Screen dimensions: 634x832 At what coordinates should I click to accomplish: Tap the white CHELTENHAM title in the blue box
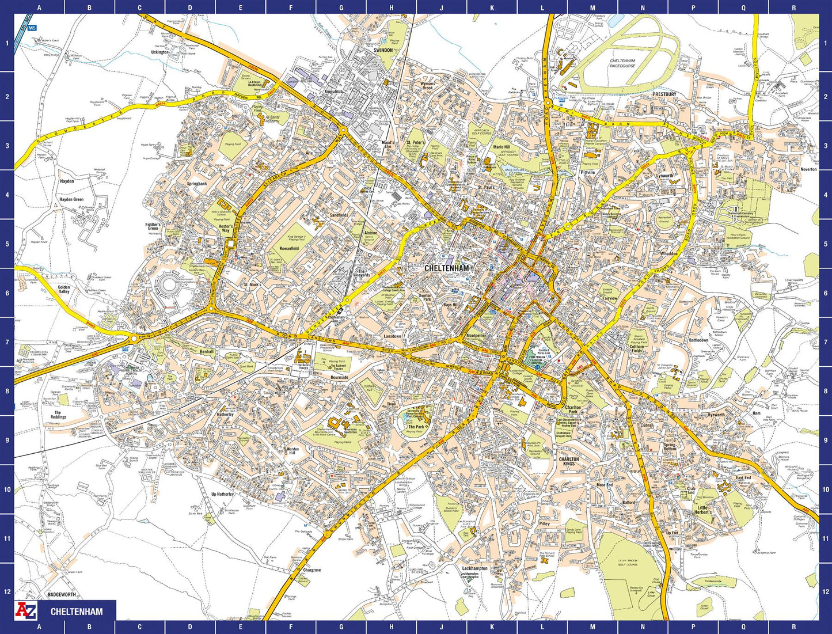coord(77,612)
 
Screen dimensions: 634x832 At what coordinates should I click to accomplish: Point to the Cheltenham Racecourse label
coord(622,63)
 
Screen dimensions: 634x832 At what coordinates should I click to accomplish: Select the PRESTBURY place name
coord(664,94)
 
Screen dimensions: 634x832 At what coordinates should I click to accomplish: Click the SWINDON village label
coord(383,51)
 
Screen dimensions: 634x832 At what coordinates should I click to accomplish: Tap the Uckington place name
coord(159,52)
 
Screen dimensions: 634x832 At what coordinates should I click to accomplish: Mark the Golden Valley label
coord(64,289)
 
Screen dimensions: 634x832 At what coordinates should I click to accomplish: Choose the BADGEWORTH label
coord(62,594)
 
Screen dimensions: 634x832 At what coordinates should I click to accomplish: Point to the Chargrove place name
coord(311,570)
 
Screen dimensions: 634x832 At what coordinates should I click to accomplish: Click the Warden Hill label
coord(294,451)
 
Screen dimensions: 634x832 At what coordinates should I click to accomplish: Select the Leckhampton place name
coord(474,568)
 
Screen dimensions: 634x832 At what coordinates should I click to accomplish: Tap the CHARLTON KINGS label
coord(568,461)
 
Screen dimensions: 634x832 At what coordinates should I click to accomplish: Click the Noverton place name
coord(808,169)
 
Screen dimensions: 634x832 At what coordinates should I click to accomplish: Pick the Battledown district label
coord(698,340)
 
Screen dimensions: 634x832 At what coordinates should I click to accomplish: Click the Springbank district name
coord(196,184)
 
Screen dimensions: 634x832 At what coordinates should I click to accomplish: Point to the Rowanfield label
coord(289,249)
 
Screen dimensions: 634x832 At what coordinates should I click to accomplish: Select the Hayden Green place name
coord(71,200)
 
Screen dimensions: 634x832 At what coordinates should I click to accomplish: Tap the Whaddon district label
coord(669,253)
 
